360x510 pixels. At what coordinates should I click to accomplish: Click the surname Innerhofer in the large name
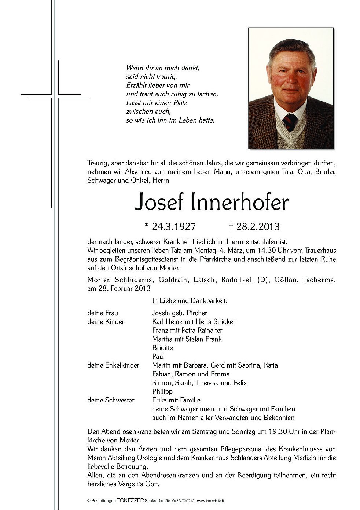pyautogui.click(x=240, y=202)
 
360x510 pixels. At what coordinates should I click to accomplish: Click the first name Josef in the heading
pyautogui.click(x=158, y=202)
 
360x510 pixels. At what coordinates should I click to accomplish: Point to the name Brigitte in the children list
pyautogui.click(x=162, y=347)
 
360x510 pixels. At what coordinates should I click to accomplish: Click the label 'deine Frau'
pyautogui.click(x=103, y=313)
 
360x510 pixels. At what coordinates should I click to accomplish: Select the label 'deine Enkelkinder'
pyautogui.click(x=113, y=365)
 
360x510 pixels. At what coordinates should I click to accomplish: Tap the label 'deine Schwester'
pyautogui.click(x=111, y=400)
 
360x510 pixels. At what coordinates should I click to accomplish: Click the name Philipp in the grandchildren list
pyautogui.click(x=162, y=391)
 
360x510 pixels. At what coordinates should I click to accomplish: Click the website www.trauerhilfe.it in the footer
pyautogui.click(x=211, y=500)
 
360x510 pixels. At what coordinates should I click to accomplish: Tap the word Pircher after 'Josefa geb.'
pyautogui.click(x=197, y=313)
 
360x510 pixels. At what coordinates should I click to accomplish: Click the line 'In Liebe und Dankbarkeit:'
pyautogui.click(x=190, y=301)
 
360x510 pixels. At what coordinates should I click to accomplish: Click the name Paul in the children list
pyautogui.click(x=158, y=356)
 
